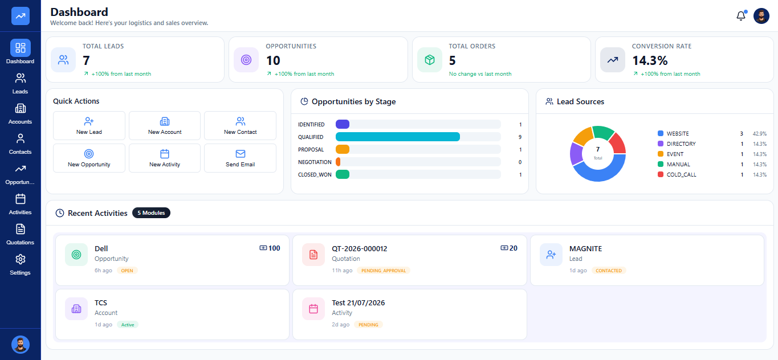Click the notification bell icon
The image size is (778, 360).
pos(741,15)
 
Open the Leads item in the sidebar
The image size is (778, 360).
pos(20,84)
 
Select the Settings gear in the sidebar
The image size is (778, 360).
pos(20,265)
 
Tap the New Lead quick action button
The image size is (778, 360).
pos(89,126)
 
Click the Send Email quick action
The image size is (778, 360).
pos(241,158)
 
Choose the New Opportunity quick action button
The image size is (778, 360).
pos(89,158)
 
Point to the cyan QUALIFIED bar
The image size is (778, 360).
pos(398,137)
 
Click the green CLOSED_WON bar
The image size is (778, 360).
pos(343,174)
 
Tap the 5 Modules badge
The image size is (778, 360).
pos(151,213)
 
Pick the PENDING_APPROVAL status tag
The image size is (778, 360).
pos(384,271)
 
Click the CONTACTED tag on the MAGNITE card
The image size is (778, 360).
pos(609,271)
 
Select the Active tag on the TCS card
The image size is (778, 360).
pos(128,325)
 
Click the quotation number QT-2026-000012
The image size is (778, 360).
pos(360,248)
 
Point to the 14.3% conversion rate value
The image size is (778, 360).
pos(650,61)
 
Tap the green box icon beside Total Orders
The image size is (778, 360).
pos(430,60)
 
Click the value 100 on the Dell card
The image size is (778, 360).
pos(274,248)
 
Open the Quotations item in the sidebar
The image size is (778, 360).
pos(20,235)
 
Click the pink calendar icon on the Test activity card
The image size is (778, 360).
pos(313,309)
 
